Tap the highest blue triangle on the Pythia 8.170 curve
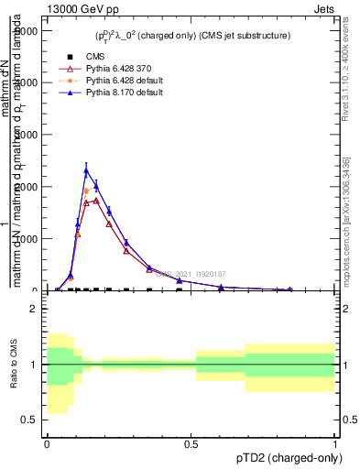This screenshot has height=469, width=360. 86,170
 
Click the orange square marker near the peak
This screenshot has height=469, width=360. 86,191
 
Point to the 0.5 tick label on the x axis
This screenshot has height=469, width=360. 191,442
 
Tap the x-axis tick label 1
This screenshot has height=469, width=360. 335,442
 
